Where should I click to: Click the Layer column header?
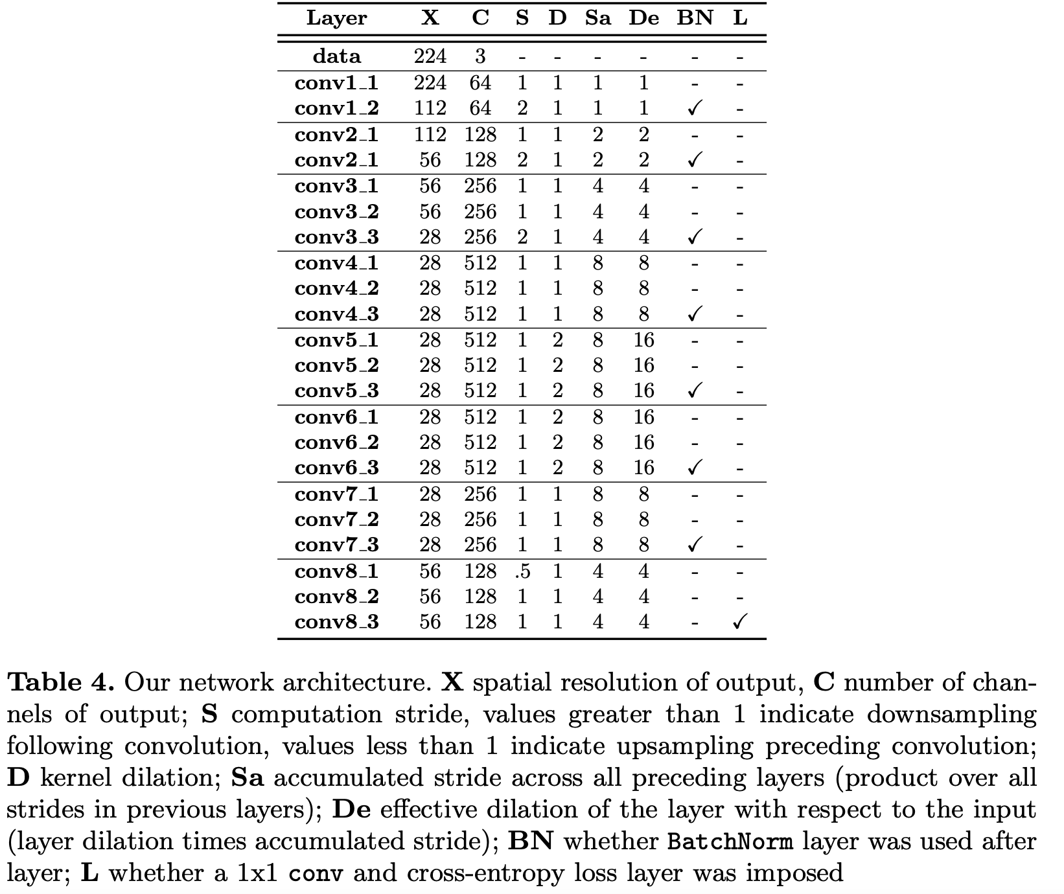(336, 18)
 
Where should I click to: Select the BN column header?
(695, 18)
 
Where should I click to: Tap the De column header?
(643, 18)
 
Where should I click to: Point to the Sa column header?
(597, 18)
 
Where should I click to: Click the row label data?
(336, 56)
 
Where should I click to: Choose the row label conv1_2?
(336, 108)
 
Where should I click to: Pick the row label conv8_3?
(336, 622)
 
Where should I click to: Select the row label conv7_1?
(336, 494)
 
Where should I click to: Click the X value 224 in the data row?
(430, 56)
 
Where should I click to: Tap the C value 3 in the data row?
(480, 56)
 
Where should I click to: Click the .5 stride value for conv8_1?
(522, 571)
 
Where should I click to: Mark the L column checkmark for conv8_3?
(740, 622)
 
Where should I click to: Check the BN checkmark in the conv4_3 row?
(695, 314)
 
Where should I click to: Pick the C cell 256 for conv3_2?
(480, 212)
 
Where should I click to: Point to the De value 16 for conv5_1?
(643, 340)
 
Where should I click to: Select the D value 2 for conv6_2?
(557, 442)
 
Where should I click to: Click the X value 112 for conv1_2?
(430, 108)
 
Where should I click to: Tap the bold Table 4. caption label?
(61, 682)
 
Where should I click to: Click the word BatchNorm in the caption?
(730, 842)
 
